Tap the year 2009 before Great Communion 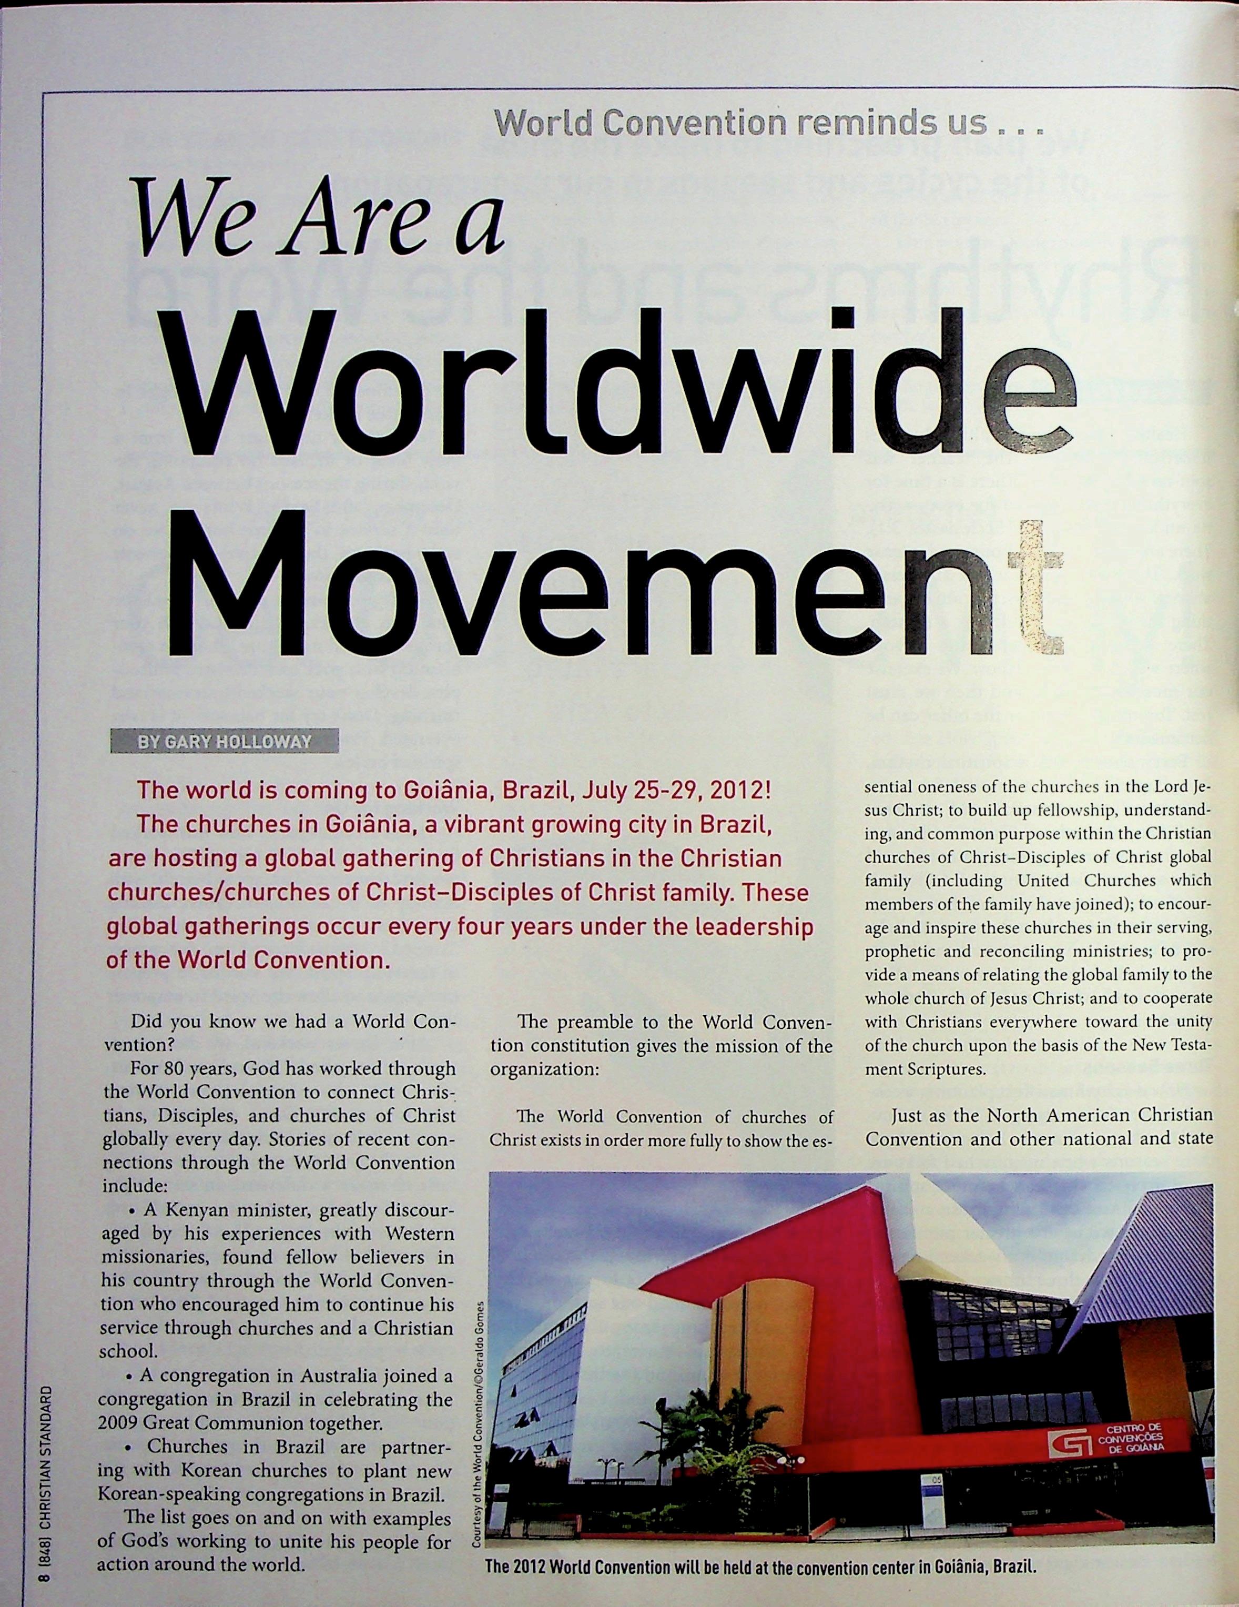click(119, 1422)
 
